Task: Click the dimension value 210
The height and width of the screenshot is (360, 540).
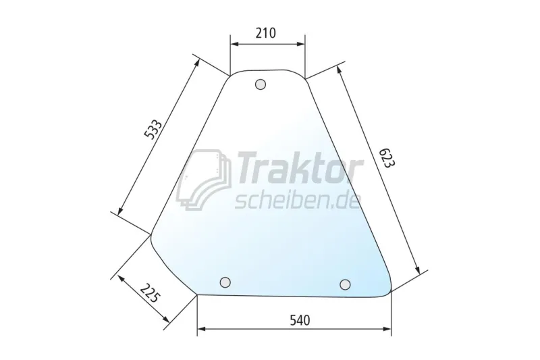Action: (266, 33)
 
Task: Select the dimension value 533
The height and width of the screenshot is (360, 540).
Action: (153, 130)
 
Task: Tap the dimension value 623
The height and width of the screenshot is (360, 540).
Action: (385, 158)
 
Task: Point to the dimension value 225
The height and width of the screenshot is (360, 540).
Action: (151, 293)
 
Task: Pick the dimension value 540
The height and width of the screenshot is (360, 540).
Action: (300, 320)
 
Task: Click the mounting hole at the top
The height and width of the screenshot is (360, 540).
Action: (261, 84)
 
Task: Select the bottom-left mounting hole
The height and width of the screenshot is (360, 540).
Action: (225, 282)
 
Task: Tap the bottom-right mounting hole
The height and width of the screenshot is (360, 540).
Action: (345, 284)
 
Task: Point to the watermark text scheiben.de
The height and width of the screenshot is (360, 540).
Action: (298, 201)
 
